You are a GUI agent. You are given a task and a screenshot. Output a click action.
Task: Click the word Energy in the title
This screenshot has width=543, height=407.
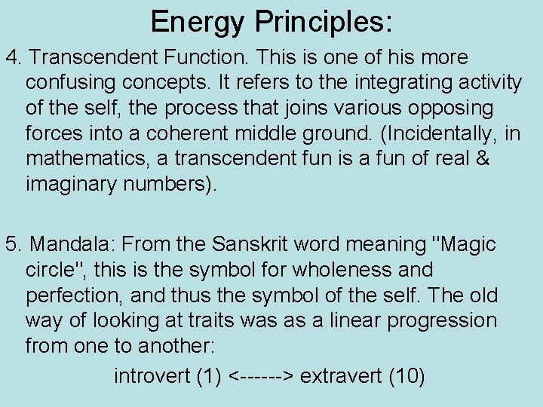coord(198,22)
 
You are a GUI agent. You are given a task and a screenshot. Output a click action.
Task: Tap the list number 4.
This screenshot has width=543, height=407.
coord(12,58)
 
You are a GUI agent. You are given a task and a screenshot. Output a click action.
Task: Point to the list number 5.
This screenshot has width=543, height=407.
coord(12,244)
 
